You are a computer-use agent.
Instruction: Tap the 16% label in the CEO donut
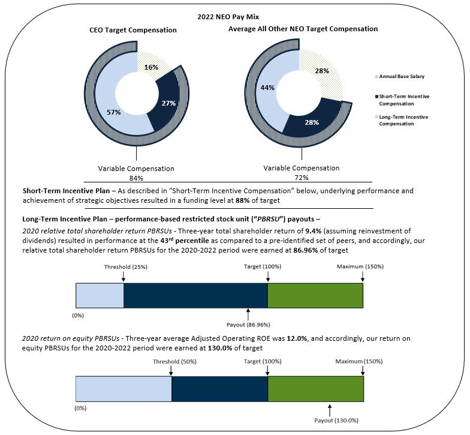tap(152, 67)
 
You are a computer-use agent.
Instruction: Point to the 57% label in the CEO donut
tap(114, 112)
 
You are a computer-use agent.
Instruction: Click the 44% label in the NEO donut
tap(267, 88)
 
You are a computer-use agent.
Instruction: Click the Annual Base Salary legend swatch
tap(376, 76)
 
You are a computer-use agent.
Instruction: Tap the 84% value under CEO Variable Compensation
tap(136, 178)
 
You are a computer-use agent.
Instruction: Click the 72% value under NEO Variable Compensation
tap(301, 178)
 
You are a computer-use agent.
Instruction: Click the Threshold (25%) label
tap(123, 266)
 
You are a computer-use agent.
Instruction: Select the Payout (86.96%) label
tap(246, 325)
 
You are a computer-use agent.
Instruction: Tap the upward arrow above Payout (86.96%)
tap(248, 314)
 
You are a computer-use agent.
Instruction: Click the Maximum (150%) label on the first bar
tap(360, 266)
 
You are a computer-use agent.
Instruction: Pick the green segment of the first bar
tap(315, 295)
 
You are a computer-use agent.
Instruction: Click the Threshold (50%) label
tap(171, 362)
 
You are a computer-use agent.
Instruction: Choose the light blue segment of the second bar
tap(123, 389)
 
